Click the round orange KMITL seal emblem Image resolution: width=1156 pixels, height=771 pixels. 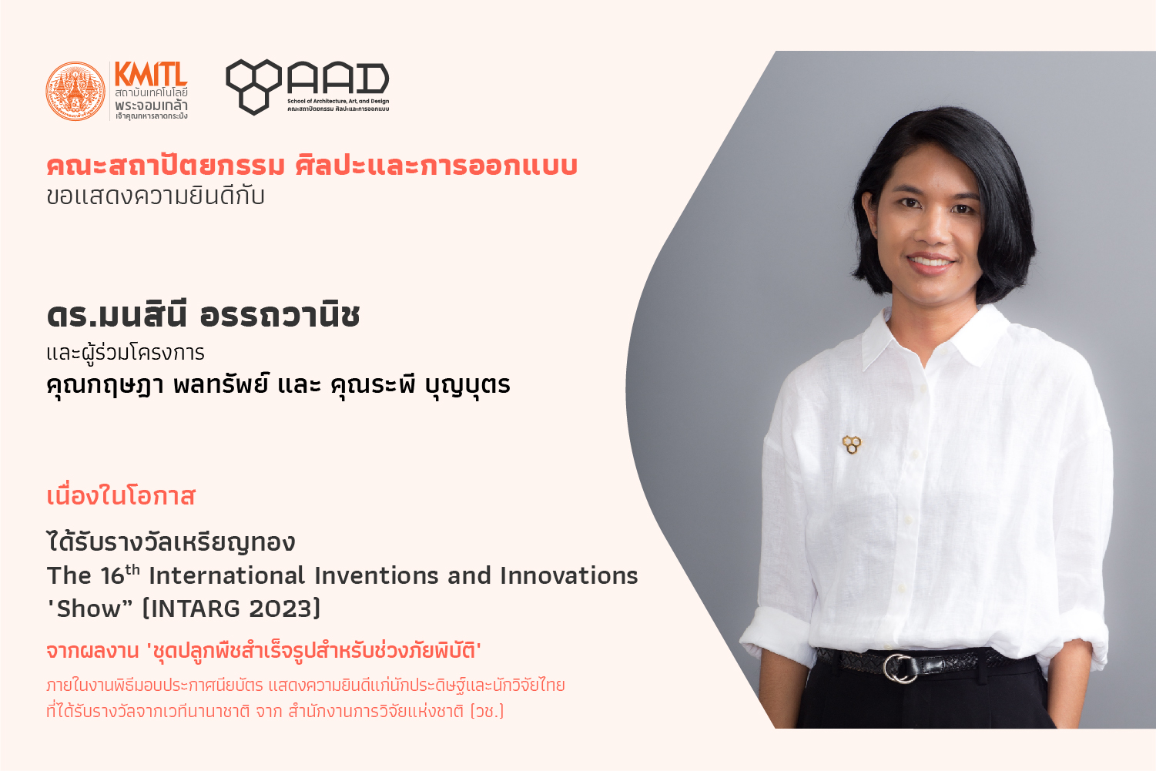click(75, 92)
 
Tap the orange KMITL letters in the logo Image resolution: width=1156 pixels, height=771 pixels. click(151, 74)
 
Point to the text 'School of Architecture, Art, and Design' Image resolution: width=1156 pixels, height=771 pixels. click(338, 101)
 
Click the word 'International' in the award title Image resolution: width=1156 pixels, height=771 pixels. click(227, 575)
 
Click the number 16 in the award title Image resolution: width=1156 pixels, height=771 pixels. click(112, 576)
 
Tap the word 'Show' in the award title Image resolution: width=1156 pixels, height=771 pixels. click(89, 608)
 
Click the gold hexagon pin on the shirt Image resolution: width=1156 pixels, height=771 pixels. click(852, 444)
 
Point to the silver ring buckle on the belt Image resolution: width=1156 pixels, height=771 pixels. click(900, 669)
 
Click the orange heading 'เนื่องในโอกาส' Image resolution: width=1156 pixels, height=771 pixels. click(121, 496)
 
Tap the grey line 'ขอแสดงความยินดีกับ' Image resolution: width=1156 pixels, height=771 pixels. click(156, 196)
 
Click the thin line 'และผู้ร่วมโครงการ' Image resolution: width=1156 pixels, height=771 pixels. click(126, 354)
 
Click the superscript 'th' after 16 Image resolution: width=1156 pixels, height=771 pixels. click(132, 570)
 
